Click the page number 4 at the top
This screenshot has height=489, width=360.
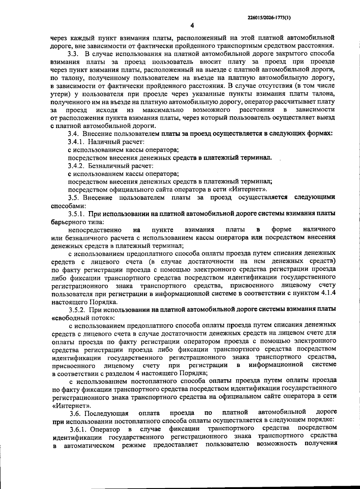pos(192,26)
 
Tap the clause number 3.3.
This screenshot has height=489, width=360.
pos(73,54)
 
